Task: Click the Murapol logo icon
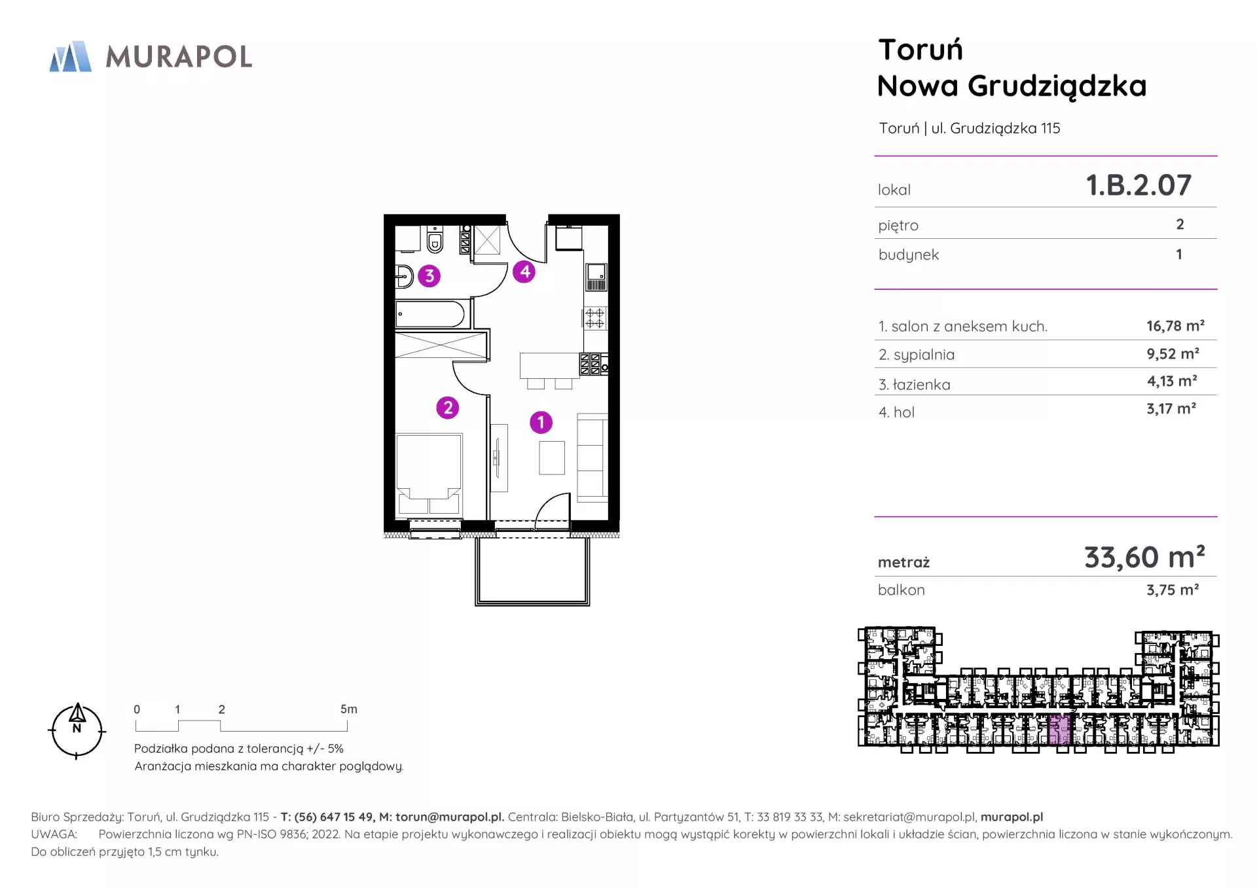[x=71, y=56]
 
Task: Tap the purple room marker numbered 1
[x=541, y=422]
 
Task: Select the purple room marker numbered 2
[x=448, y=408]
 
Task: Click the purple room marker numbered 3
[x=429, y=276]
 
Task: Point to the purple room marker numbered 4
[x=524, y=272]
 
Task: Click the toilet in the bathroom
[x=435, y=240]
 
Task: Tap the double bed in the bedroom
[x=429, y=474]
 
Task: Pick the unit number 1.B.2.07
[x=1139, y=185]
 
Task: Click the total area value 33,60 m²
[x=1144, y=557]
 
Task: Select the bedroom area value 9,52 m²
[x=1173, y=354]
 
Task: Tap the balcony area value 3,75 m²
[x=1173, y=590]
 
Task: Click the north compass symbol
[x=77, y=731]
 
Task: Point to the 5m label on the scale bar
[x=349, y=709]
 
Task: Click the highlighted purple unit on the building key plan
[x=1059, y=730]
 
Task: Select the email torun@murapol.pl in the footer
[x=450, y=817]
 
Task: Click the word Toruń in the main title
[x=920, y=50]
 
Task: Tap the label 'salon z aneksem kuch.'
[x=969, y=327]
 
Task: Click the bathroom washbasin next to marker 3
[x=404, y=277]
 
